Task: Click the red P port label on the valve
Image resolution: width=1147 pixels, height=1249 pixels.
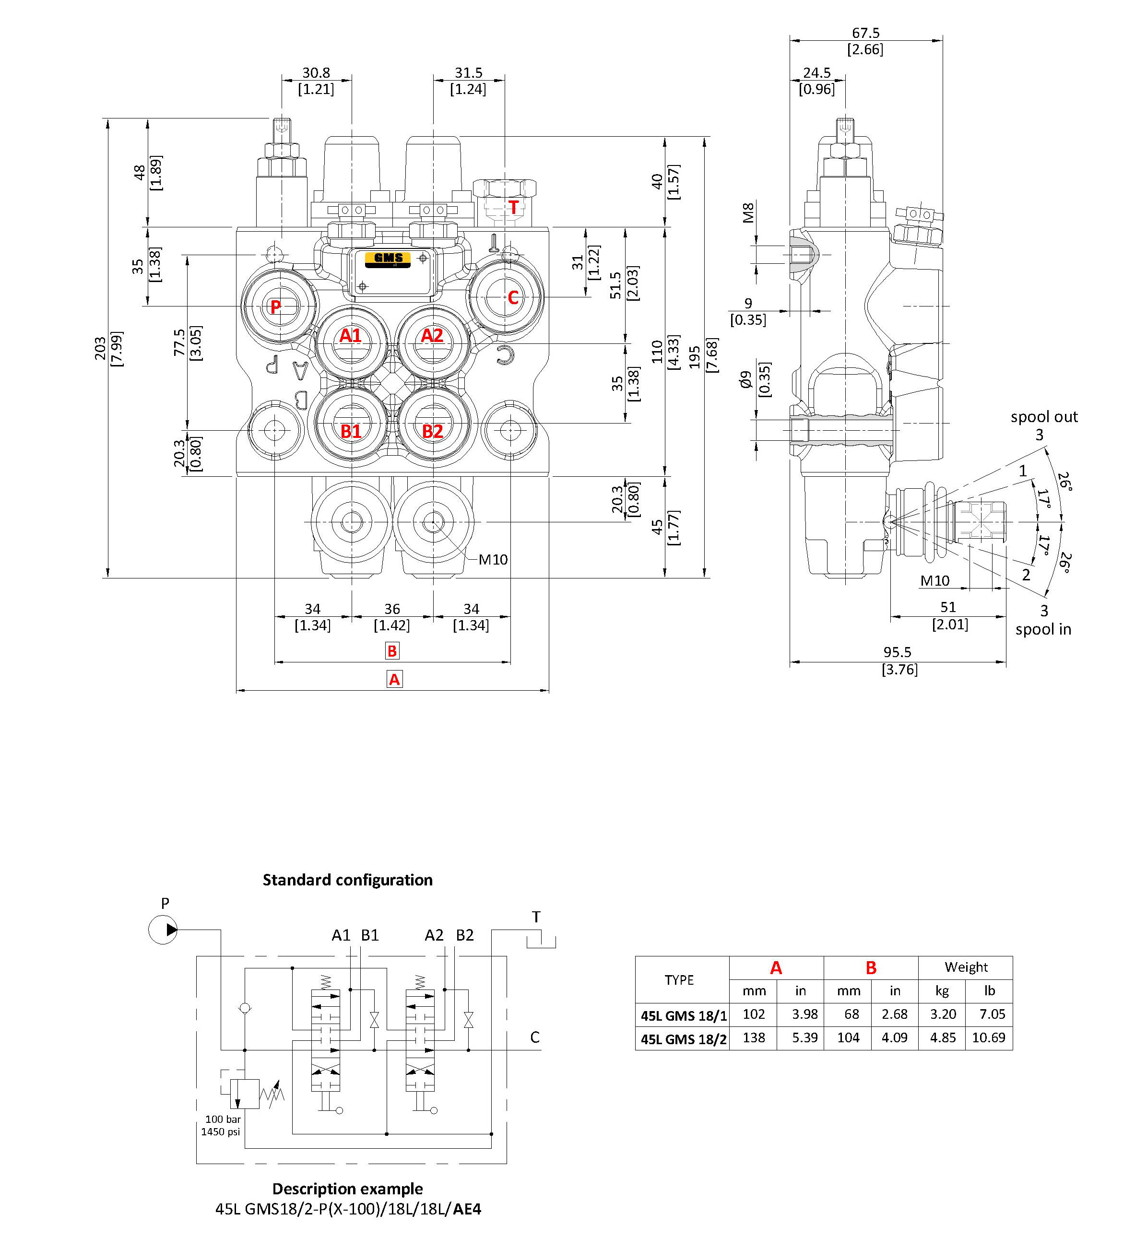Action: [275, 306]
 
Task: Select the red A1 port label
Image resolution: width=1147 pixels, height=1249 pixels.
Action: [350, 336]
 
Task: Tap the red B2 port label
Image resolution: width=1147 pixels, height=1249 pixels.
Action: [433, 431]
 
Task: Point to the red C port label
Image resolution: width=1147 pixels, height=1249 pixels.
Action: [513, 298]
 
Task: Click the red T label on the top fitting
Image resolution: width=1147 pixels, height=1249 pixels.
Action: [513, 207]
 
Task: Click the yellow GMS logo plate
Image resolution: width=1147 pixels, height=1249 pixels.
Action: [388, 258]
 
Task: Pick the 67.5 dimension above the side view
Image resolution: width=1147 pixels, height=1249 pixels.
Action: [865, 33]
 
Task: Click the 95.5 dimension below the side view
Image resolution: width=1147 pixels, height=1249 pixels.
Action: [898, 652]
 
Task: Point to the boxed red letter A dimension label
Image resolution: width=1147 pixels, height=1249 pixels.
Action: [394, 679]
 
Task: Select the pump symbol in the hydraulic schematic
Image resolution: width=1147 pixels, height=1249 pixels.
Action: [163, 930]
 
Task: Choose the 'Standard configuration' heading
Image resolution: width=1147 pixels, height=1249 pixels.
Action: [348, 880]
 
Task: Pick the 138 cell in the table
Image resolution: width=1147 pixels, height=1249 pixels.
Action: [754, 1037]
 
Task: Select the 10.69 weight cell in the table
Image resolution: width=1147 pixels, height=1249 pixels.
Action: [988, 1037]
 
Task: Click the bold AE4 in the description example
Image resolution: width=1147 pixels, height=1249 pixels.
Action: [467, 1209]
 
